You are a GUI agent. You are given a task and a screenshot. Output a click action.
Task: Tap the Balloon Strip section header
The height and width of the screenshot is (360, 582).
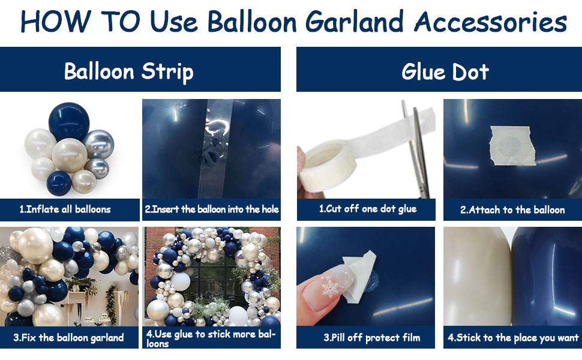pyautogui.click(x=129, y=71)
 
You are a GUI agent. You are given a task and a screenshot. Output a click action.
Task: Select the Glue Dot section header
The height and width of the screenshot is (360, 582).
pyautogui.click(x=445, y=71)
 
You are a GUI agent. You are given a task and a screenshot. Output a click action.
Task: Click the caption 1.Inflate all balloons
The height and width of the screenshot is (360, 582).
pyautogui.click(x=65, y=209)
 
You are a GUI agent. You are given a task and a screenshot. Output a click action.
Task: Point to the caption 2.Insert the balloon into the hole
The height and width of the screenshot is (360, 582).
pyautogui.click(x=212, y=209)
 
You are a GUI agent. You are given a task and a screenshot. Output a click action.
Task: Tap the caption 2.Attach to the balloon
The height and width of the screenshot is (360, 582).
pyautogui.click(x=512, y=209)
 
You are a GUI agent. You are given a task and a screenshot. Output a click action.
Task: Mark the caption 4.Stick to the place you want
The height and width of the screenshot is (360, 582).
pyautogui.click(x=512, y=337)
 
